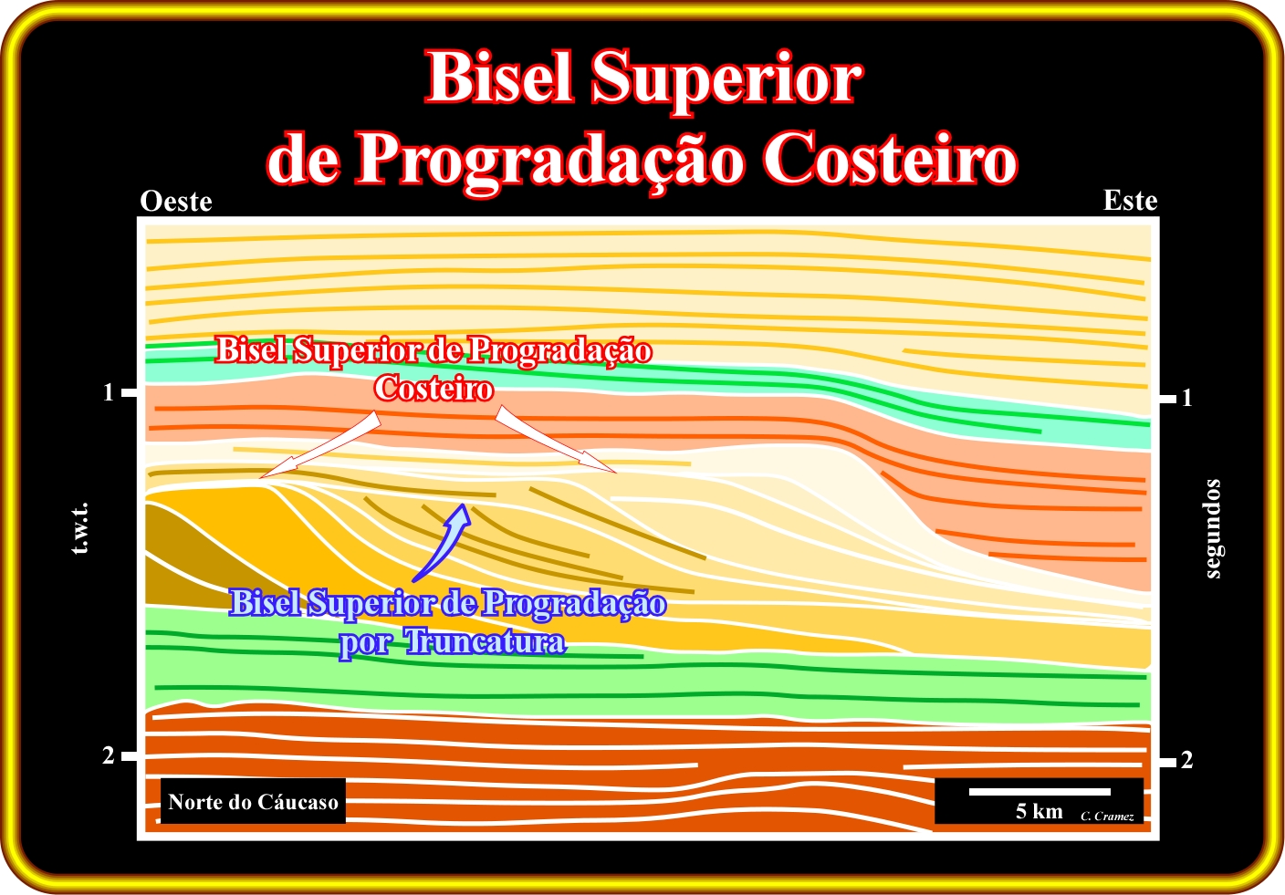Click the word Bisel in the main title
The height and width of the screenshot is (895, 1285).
[499, 78]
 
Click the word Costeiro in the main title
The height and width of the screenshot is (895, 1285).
[890, 159]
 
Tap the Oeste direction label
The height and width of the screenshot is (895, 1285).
[176, 202]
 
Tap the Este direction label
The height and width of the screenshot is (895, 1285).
[1130, 201]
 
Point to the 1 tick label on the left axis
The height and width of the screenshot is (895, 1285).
[109, 392]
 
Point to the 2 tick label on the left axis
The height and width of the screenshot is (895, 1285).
[109, 755]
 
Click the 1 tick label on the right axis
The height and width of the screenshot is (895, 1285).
[1187, 398]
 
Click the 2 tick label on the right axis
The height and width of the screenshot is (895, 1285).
[1187, 760]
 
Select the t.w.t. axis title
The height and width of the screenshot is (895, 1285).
[80, 528]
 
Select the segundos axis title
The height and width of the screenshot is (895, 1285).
[1213, 528]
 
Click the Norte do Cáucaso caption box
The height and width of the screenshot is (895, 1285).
[253, 801]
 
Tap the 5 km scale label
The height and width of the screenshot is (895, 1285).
[1039, 811]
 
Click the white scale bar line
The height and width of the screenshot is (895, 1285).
[1039, 792]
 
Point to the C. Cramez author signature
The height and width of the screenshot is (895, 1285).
[1107, 817]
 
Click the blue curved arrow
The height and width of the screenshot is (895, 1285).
[443, 542]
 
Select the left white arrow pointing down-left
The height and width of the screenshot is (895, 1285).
[319, 445]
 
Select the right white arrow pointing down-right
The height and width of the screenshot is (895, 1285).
[555, 440]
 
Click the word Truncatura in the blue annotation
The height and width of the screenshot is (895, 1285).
[486, 641]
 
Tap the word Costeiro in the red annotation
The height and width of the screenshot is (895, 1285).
[434, 388]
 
